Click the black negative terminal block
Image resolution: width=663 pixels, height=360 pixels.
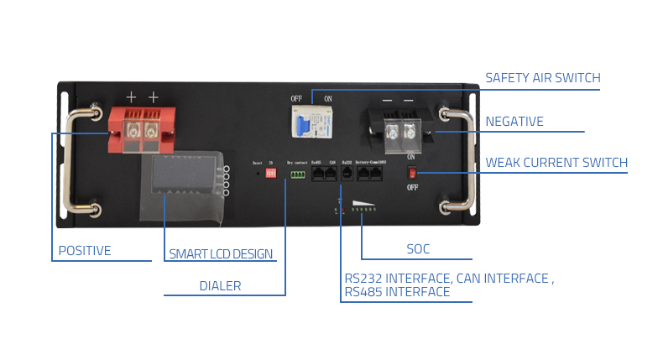(x=398, y=130)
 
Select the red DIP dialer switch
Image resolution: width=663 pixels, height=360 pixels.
(x=271, y=173)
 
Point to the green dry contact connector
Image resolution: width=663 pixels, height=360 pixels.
(x=297, y=175)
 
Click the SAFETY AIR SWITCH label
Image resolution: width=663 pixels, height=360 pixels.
(x=543, y=78)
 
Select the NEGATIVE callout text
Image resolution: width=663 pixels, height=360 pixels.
(x=514, y=122)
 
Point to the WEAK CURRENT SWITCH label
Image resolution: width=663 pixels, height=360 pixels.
(x=556, y=162)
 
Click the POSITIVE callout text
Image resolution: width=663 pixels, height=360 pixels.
(x=85, y=251)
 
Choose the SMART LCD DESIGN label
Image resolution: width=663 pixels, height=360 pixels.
(x=221, y=253)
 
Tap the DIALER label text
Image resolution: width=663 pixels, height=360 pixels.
(x=220, y=286)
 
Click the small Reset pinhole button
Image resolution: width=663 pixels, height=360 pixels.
(x=258, y=174)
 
